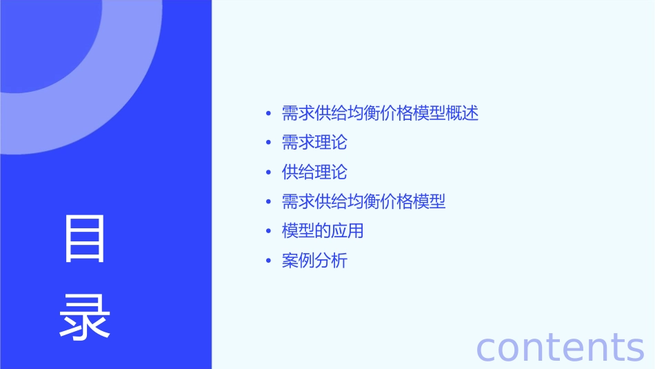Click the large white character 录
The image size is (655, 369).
(x=85, y=318)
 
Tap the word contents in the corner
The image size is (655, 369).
(x=560, y=347)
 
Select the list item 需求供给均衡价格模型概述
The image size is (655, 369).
(x=380, y=113)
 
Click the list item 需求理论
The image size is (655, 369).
(x=314, y=143)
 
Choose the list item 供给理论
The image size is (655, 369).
(x=314, y=172)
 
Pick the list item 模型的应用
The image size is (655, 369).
(x=323, y=231)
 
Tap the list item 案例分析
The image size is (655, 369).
(x=314, y=261)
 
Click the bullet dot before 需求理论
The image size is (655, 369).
(x=268, y=143)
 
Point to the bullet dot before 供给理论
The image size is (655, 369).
(x=268, y=172)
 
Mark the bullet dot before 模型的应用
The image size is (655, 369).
(x=268, y=231)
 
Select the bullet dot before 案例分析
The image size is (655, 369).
(x=268, y=261)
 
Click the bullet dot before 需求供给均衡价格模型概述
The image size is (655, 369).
(x=268, y=113)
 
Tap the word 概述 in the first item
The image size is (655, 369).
(x=462, y=113)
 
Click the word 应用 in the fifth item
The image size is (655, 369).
(x=347, y=231)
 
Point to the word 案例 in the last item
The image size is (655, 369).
(x=298, y=261)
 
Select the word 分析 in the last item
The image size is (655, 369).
(x=331, y=261)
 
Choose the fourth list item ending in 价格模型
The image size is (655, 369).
(x=363, y=201)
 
